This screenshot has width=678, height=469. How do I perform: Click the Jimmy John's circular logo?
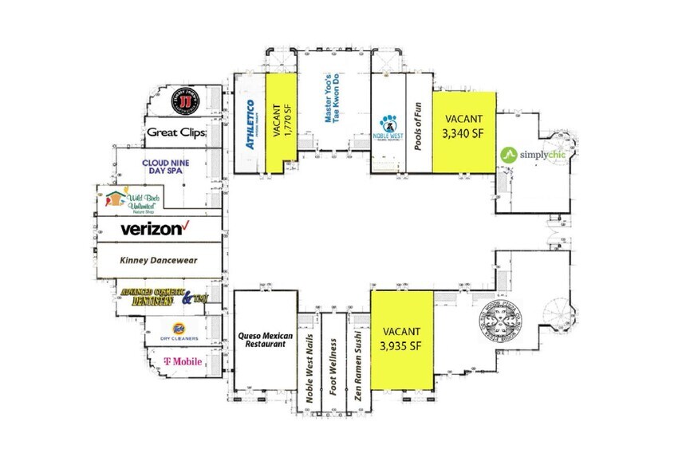pyautogui.click(x=185, y=104)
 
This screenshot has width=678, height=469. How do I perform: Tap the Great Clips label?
pyautogui.click(x=178, y=132)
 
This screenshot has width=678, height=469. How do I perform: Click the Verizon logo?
pyautogui.click(x=157, y=229)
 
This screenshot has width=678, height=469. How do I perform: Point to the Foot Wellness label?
pyautogui.click(x=333, y=366)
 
